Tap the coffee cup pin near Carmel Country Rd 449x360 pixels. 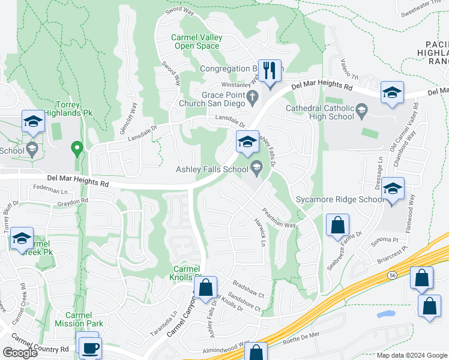(x=90, y=347)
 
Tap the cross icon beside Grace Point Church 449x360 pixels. (x=253, y=97)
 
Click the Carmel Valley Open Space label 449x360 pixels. (x=197, y=41)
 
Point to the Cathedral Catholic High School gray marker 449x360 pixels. (x=361, y=109)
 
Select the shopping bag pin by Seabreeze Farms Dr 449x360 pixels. (x=338, y=226)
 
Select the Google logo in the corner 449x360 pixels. (x=20, y=353)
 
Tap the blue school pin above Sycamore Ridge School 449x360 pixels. (x=393, y=189)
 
